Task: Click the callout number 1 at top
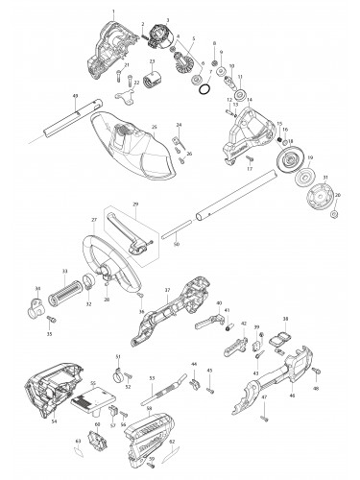[x=112, y=11]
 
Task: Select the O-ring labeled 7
[x=204, y=88]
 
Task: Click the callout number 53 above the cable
[x=152, y=377]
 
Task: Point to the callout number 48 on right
[x=341, y=389]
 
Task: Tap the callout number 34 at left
[x=36, y=289]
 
